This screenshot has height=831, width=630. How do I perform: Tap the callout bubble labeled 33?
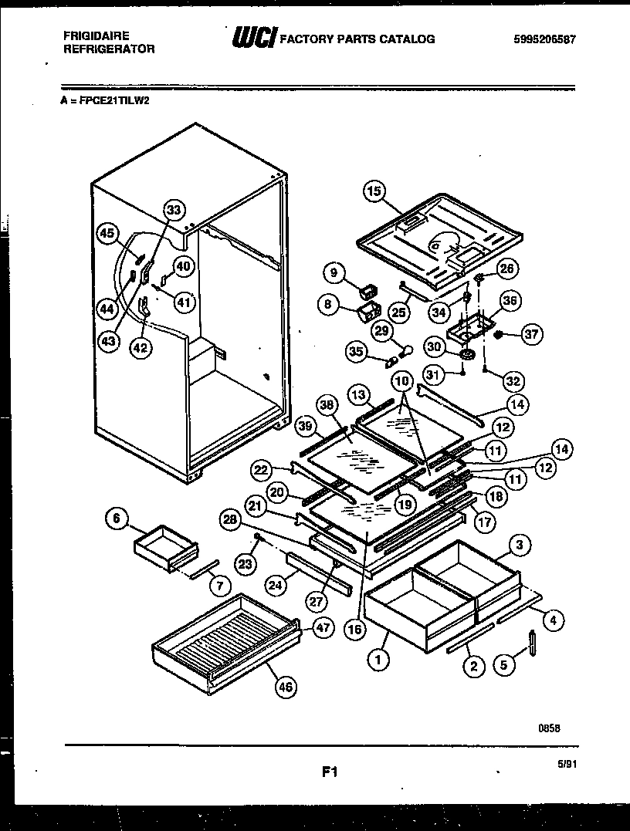174,210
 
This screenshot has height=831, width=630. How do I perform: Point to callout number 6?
116,521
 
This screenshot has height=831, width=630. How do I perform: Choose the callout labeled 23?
245,565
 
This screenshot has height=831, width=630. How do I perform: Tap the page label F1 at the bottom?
330,770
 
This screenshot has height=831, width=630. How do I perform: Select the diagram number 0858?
550,728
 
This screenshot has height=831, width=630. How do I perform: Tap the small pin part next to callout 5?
532,643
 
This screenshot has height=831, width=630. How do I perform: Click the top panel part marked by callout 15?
436,235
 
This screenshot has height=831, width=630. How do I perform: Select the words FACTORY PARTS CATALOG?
357,39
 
